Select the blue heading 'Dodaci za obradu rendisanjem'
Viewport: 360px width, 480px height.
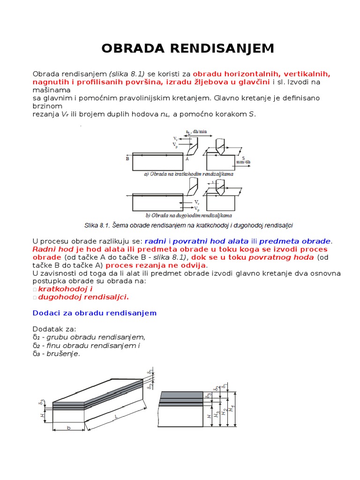[95, 313]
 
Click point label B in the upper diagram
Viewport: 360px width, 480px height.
[127, 159]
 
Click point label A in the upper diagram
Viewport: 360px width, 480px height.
[187, 159]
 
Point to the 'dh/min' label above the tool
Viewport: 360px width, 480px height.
[199, 132]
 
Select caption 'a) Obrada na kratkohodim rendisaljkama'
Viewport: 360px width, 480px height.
[189, 173]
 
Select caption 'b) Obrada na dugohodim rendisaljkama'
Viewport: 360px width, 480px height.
[189, 216]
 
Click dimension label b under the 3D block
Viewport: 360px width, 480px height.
[68, 428]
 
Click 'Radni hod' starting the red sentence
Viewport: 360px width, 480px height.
[50, 249]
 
